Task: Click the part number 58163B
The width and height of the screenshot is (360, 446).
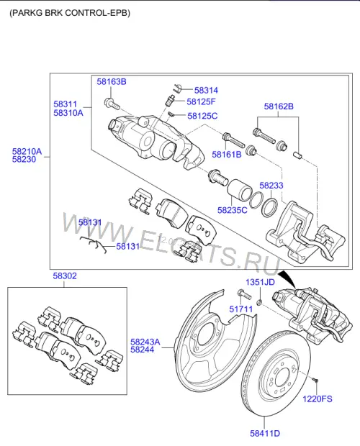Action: point(112,81)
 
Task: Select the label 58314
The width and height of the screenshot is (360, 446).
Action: point(206,90)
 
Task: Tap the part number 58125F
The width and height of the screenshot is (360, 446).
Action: point(201,101)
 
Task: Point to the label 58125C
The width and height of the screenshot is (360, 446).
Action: point(202,116)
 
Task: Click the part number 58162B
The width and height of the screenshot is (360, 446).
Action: point(279,106)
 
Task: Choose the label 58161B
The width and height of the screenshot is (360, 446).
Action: point(227,155)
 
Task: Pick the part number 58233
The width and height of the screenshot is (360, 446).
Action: point(271,186)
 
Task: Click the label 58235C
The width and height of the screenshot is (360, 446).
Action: point(233,210)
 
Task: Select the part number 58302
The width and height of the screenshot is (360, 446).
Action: point(65,276)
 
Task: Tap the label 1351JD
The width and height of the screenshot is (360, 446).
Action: point(260,282)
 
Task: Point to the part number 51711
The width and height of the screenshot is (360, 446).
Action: point(241,309)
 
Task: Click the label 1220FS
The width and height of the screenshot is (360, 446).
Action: point(318,399)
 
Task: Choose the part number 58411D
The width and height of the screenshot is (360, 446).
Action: point(265,434)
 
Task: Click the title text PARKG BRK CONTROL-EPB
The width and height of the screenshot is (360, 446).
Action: point(70,13)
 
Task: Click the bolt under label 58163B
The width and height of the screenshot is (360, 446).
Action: point(112,104)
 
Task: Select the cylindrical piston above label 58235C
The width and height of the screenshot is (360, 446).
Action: point(239,191)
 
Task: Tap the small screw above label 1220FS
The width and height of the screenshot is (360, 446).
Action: point(315,380)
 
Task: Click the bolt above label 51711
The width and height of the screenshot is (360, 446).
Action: point(244,293)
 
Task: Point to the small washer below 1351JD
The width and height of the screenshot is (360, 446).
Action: point(259,303)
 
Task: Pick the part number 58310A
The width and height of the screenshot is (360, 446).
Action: point(68,113)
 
